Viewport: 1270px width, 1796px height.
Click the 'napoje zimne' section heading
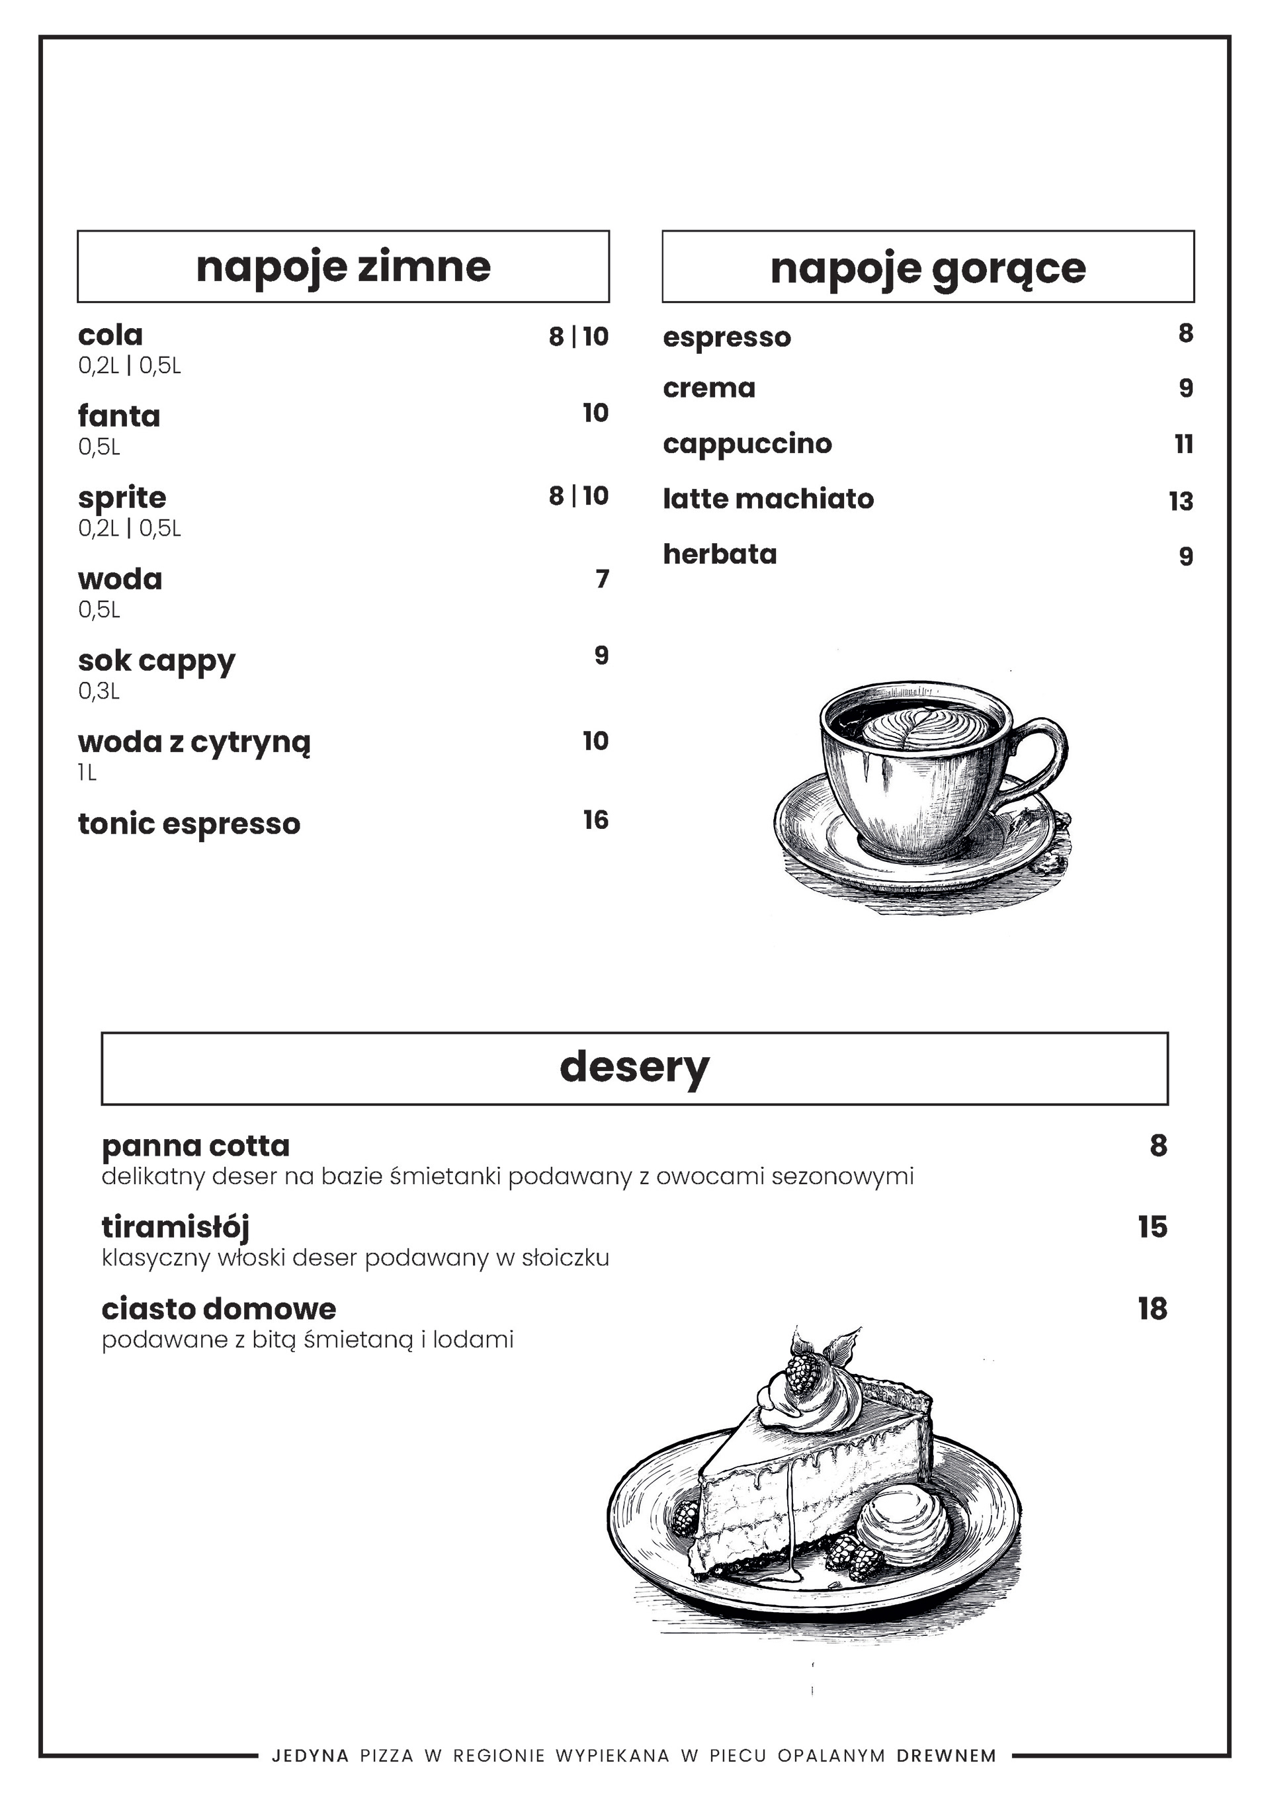click(343, 267)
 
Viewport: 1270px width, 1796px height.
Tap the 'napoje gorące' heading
click(927, 269)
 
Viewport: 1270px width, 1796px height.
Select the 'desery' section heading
click(634, 1067)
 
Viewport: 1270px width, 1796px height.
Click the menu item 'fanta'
click(119, 415)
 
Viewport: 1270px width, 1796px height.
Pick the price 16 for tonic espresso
click(595, 820)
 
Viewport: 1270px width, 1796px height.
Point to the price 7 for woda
click(601, 579)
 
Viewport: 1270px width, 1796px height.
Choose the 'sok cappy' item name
click(156, 661)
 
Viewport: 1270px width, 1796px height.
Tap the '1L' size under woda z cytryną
click(87, 773)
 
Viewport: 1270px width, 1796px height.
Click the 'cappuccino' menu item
click(747, 443)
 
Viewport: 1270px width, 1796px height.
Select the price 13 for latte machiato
click(1181, 501)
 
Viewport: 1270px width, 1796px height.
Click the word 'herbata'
click(720, 554)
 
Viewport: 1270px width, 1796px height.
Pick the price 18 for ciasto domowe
click(1152, 1308)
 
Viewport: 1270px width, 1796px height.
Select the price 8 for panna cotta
click(1158, 1146)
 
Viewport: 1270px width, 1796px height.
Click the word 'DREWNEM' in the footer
click(947, 1756)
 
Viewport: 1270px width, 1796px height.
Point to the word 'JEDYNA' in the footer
click(310, 1756)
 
